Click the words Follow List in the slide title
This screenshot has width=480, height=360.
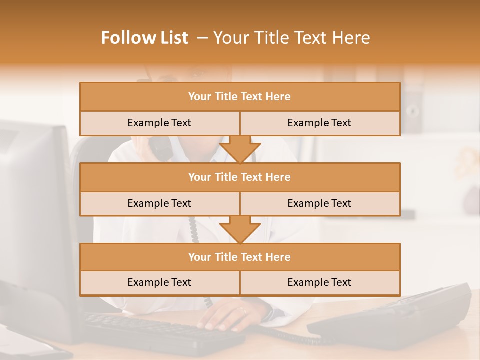pos(145,38)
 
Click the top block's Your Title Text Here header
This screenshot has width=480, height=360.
pos(239,97)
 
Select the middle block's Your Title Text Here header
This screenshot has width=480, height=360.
pos(239,177)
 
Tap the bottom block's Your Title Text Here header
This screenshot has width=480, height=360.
pos(239,257)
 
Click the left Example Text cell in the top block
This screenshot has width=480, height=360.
pos(159,123)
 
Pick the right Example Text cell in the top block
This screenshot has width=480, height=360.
pos(319,123)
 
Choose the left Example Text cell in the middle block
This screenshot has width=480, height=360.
pos(159,203)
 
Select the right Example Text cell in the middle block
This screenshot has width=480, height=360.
pos(319,203)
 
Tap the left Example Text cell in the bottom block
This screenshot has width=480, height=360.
pos(159,282)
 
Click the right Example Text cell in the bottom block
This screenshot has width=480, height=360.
pos(319,282)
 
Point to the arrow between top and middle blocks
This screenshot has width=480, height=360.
pos(240,149)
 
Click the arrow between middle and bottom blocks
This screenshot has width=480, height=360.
pos(240,229)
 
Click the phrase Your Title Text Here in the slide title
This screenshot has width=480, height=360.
pos(292,38)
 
